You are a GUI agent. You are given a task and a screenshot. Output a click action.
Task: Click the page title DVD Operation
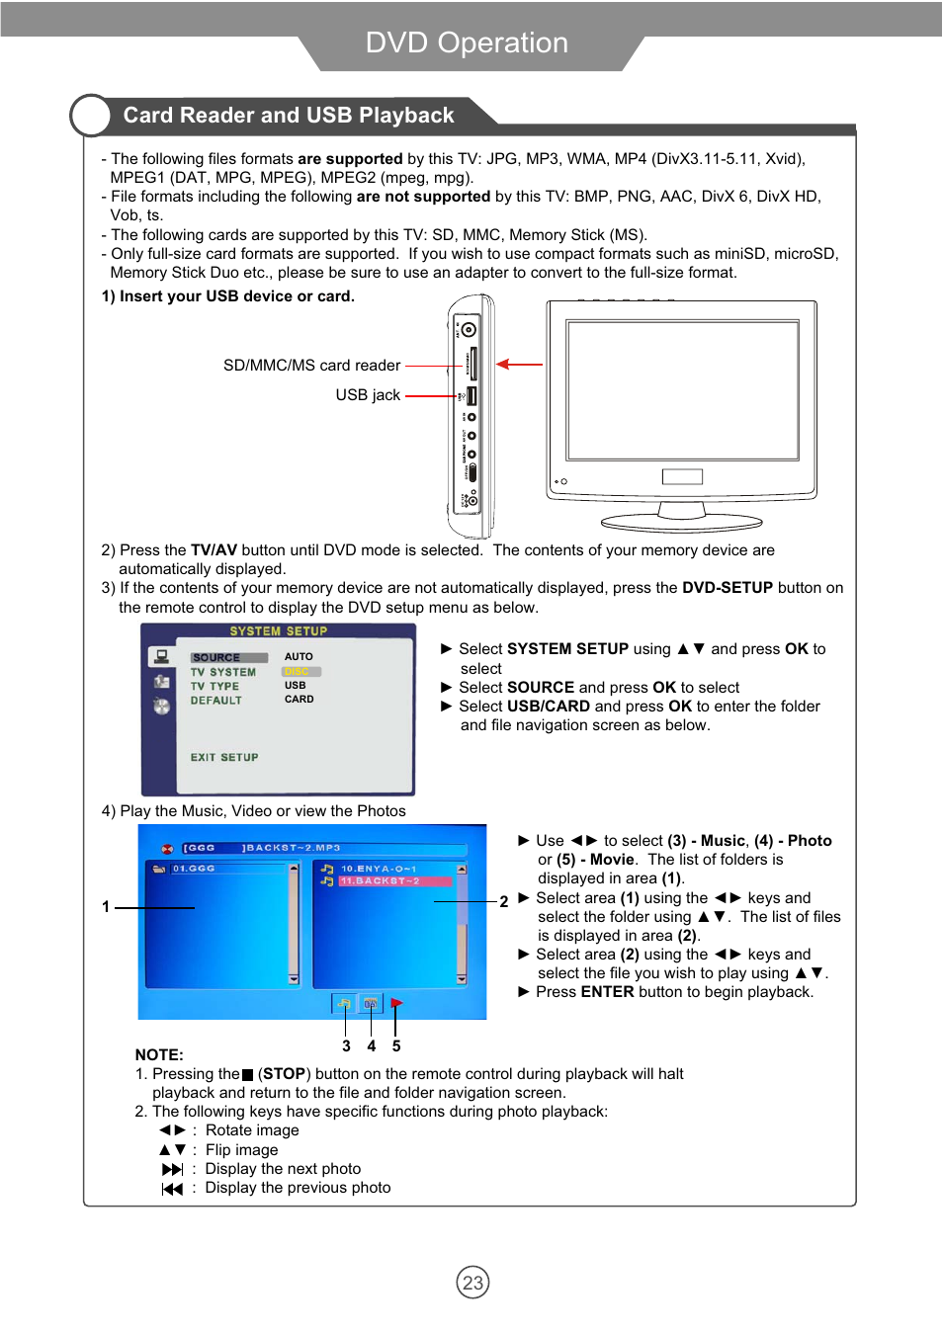point(467,42)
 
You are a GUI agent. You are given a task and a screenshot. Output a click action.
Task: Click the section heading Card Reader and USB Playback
point(288,116)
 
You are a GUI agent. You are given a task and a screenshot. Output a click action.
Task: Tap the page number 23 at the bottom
point(472,1283)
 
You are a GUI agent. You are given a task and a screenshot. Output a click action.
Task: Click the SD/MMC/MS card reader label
point(311,366)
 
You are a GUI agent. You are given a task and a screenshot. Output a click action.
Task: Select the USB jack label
point(368,395)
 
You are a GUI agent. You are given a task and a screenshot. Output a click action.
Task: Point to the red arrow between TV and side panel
point(519,365)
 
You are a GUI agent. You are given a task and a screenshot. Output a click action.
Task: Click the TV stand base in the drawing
point(682,522)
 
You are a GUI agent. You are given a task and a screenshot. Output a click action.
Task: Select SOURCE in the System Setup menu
point(216,658)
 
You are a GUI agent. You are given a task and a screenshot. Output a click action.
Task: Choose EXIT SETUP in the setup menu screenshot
point(224,758)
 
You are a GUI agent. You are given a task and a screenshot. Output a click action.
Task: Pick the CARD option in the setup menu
point(299,700)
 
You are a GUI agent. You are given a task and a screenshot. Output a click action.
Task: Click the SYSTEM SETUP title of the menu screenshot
point(278,631)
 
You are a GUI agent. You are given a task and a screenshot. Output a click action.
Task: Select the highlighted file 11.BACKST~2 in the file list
point(381,881)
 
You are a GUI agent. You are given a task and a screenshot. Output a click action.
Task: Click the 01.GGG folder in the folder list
point(194,869)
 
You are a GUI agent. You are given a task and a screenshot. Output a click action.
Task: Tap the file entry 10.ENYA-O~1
point(379,869)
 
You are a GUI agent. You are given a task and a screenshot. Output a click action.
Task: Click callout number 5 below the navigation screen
point(396,1045)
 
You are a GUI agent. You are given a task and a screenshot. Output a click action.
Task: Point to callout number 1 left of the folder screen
point(106,906)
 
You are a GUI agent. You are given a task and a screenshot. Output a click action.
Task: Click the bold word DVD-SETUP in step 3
point(727,588)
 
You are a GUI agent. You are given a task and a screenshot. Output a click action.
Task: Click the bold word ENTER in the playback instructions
point(607,992)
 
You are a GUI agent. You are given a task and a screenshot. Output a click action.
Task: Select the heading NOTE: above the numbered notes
point(159,1054)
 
